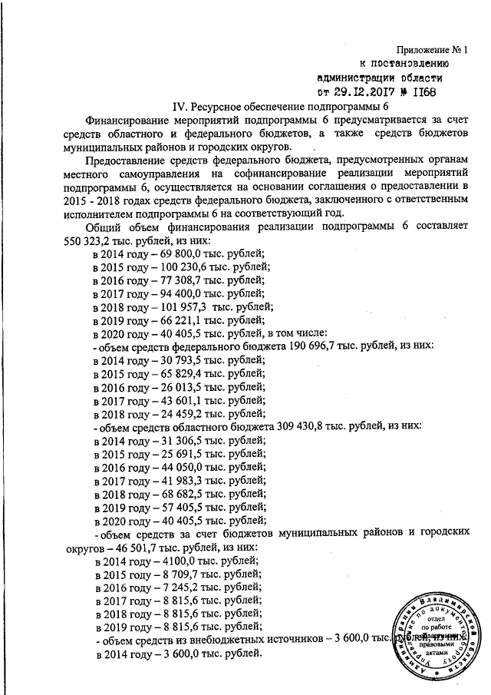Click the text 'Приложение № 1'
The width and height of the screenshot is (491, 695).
431,50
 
